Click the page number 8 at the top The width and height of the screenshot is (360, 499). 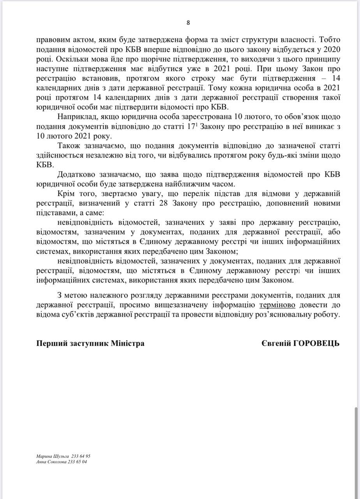188,23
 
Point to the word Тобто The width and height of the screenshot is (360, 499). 330,39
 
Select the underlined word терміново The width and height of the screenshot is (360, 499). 277,305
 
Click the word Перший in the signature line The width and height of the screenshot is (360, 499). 49,343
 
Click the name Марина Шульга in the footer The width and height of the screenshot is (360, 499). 53,456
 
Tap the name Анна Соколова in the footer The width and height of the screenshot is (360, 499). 51,461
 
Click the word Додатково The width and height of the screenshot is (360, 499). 76,175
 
